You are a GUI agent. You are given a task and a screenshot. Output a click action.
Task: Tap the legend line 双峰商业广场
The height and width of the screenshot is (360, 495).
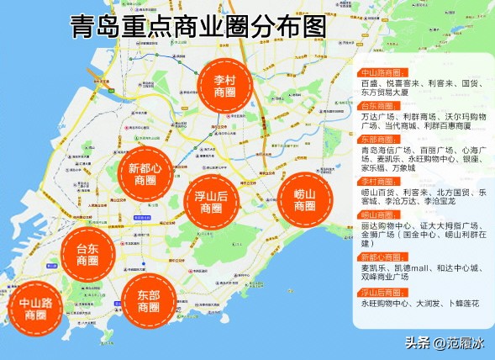[x=392, y=279]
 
